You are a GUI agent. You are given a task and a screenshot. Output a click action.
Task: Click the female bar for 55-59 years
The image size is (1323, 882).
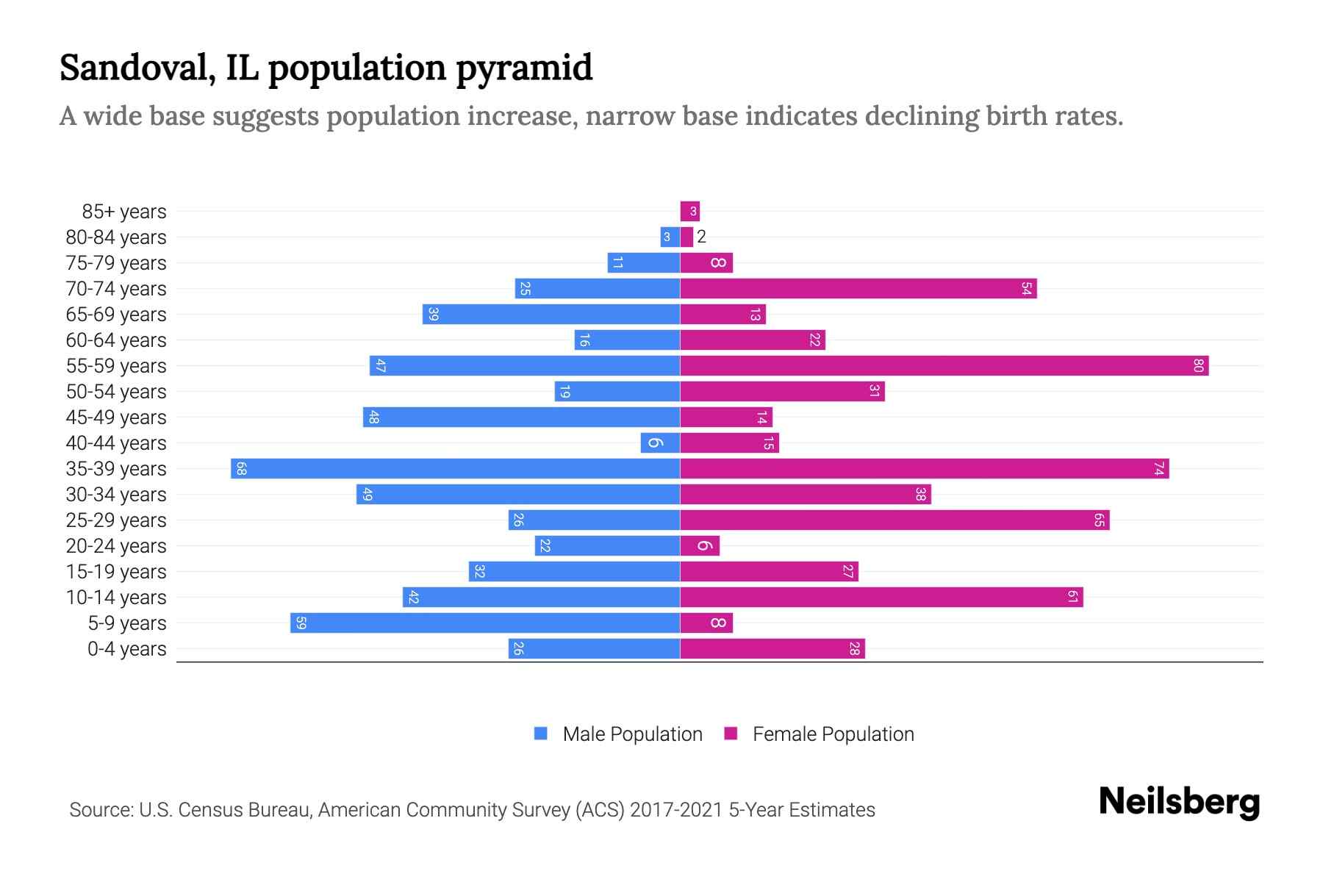pos(944,365)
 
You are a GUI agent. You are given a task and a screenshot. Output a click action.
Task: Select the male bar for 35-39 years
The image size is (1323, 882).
pos(456,468)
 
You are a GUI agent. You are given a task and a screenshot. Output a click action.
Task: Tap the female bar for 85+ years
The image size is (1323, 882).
pos(689,212)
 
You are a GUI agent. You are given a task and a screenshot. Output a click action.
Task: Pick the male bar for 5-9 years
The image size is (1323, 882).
pos(485,623)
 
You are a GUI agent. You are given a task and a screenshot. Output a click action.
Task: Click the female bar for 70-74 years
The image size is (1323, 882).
pos(858,288)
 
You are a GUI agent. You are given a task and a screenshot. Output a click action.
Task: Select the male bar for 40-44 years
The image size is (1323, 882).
pos(660,442)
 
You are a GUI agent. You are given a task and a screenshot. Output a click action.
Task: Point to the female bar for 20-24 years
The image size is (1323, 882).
pos(700,545)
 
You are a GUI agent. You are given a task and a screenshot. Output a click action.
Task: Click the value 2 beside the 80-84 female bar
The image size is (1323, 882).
pos(701,237)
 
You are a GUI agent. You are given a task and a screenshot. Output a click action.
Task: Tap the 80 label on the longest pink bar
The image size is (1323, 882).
pos(1198,365)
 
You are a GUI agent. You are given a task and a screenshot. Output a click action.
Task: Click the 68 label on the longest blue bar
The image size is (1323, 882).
pos(241,468)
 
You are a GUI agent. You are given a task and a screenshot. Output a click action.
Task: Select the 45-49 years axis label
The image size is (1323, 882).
pos(116,417)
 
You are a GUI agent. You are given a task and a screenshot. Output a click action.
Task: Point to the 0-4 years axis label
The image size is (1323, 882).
pos(126,648)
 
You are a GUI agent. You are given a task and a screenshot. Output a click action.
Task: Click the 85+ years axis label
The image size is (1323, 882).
pos(123,212)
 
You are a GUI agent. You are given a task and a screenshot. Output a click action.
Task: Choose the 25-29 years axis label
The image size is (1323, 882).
pos(116,520)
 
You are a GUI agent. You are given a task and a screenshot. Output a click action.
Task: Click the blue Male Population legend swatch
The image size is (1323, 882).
pos(541,734)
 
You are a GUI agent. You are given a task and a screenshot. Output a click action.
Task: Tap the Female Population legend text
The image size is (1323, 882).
pos(833,734)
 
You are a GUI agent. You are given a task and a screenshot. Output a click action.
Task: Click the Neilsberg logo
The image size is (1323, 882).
pos(1179,802)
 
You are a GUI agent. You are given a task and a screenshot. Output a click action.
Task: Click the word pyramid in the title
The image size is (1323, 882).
pos(524,68)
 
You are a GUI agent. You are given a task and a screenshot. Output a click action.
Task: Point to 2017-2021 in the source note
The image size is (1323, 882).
pos(676,810)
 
